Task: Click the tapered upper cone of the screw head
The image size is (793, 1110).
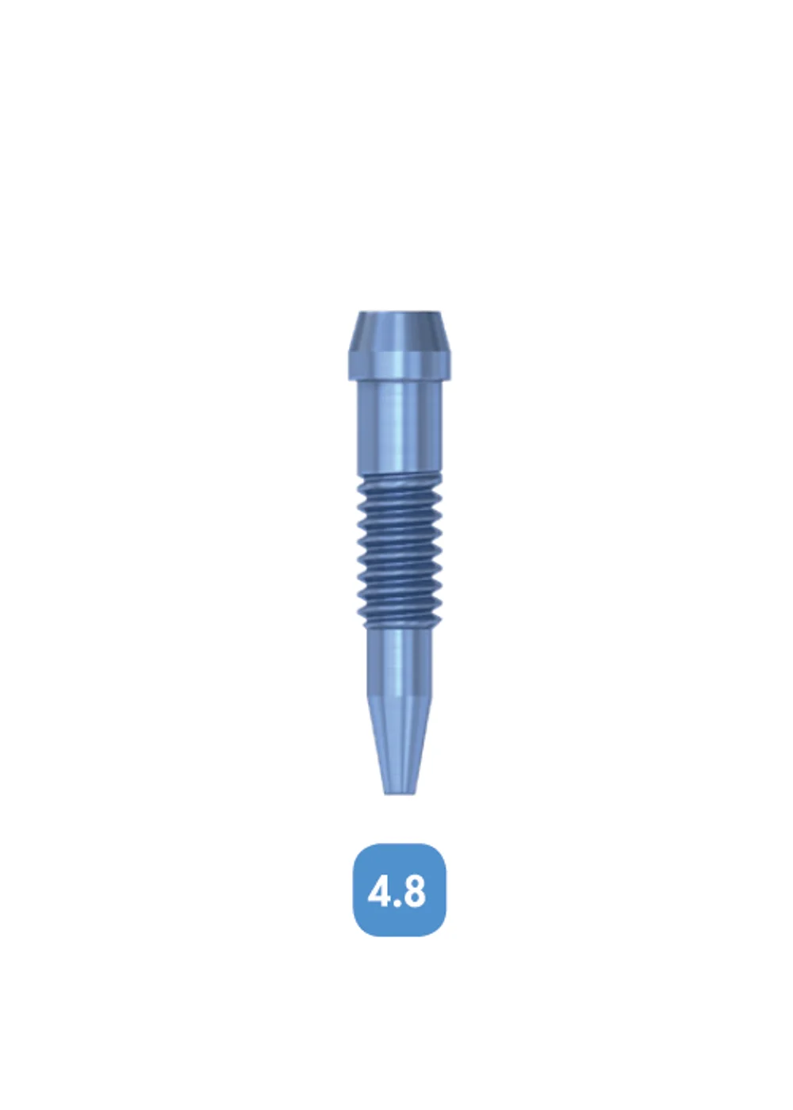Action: (x=400, y=331)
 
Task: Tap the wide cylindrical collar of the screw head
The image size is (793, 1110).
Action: (x=400, y=366)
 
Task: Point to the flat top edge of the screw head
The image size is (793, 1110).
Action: (x=400, y=312)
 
